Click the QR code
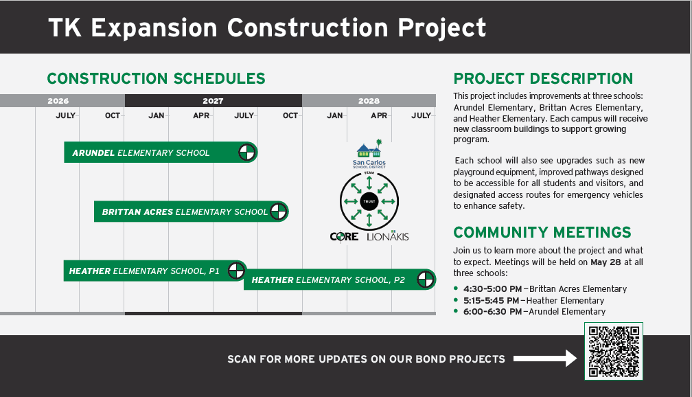[x=614, y=351]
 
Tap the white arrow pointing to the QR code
[x=545, y=358]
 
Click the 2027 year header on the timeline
[x=213, y=101]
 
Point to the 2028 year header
[x=369, y=101]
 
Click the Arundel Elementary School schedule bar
[x=161, y=152]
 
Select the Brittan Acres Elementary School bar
[x=191, y=212]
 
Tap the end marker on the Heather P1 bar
[x=236, y=271]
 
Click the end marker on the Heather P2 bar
[x=426, y=280]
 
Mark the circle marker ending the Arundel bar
[x=247, y=152]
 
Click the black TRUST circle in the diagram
[x=369, y=201]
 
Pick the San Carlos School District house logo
[x=369, y=154]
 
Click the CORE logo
[x=344, y=237]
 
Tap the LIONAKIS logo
[x=387, y=236]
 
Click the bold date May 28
[x=605, y=262]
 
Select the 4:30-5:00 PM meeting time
[x=492, y=288]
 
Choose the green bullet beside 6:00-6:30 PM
[x=456, y=311]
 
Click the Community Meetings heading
[x=542, y=232]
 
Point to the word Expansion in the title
[x=154, y=28]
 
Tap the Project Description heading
[x=543, y=78]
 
